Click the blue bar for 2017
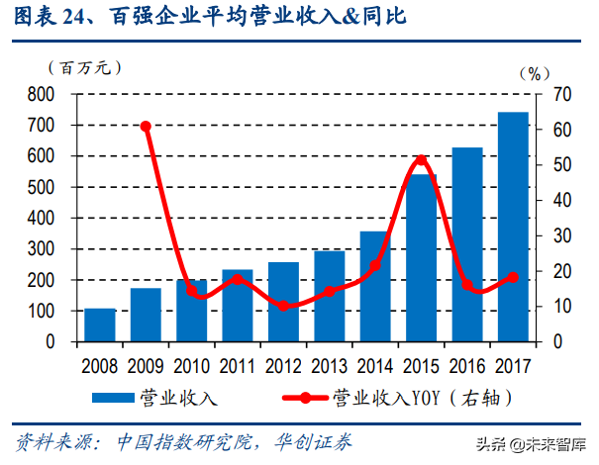pyautogui.click(x=512, y=227)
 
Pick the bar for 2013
pyautogui.click(x=329, y=296)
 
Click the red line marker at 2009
pyautogui.click(x=146, y=127)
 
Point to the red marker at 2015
pyautogui.click(x=421, y=159)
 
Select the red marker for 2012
pyautogui.click(x=283, y=306)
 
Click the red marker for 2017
pyautogui.click(x=512, y=277)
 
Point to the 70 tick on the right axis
pyautogui.click(x=561, y=95)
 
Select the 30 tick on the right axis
pyautogui.click(x=561, y=235)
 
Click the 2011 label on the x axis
pyautogui.click(x=237, y=363)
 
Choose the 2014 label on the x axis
pyautogui.click(x=374, y=363)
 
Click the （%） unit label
pyautogui.click(x=534, y=72)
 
